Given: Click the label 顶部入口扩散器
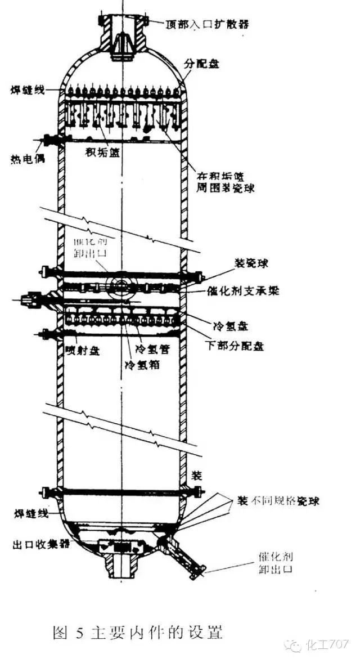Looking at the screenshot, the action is (x=206, y=24).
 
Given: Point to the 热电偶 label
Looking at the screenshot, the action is (x=23, y=158).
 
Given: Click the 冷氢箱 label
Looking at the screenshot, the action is (x=141, y=364).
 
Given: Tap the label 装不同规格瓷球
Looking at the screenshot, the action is (x=278, y=500).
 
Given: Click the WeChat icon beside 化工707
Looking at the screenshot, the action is (x=294, y=645).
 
